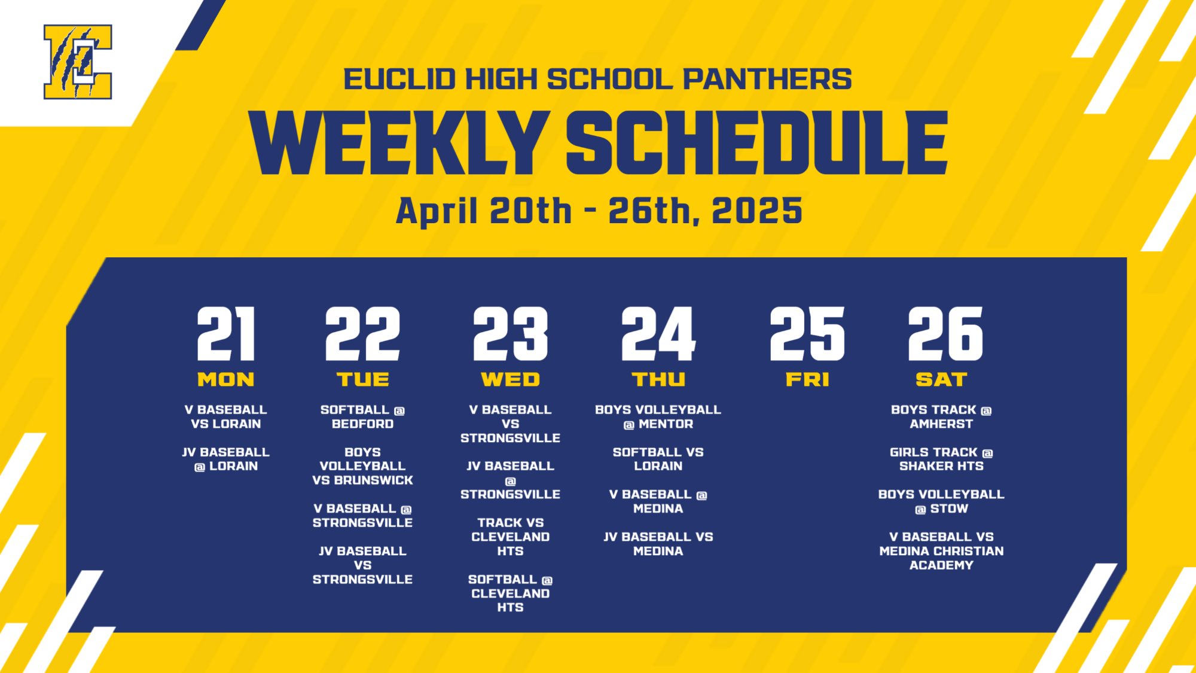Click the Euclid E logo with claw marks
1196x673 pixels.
pos(78,62)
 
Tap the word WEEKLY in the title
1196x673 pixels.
pos(399,144)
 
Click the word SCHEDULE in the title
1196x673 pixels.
pos(756,144)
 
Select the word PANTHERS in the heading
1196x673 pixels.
pos(767,80)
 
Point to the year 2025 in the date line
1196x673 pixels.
pos(757,211)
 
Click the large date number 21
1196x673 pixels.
pos(226,334)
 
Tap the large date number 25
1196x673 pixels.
pos(807,334)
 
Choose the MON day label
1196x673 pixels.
pos(226,379)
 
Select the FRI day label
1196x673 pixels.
pos(807,379)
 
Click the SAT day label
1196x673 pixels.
pos(941,379)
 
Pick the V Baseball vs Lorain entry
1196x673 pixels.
pos(226,417)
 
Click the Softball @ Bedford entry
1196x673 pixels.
pos(362,417)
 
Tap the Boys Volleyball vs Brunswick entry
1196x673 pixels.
pos(362,466)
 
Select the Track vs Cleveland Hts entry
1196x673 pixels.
pos(510,537)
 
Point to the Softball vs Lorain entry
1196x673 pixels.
pos(658,459)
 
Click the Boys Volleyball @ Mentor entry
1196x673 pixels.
pos(658,417)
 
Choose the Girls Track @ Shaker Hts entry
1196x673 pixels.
pos(941,459)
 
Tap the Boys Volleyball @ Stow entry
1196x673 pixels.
pos(941,501)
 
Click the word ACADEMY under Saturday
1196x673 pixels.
pos(941,565)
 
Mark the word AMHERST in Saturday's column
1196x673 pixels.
pos(941,424)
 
